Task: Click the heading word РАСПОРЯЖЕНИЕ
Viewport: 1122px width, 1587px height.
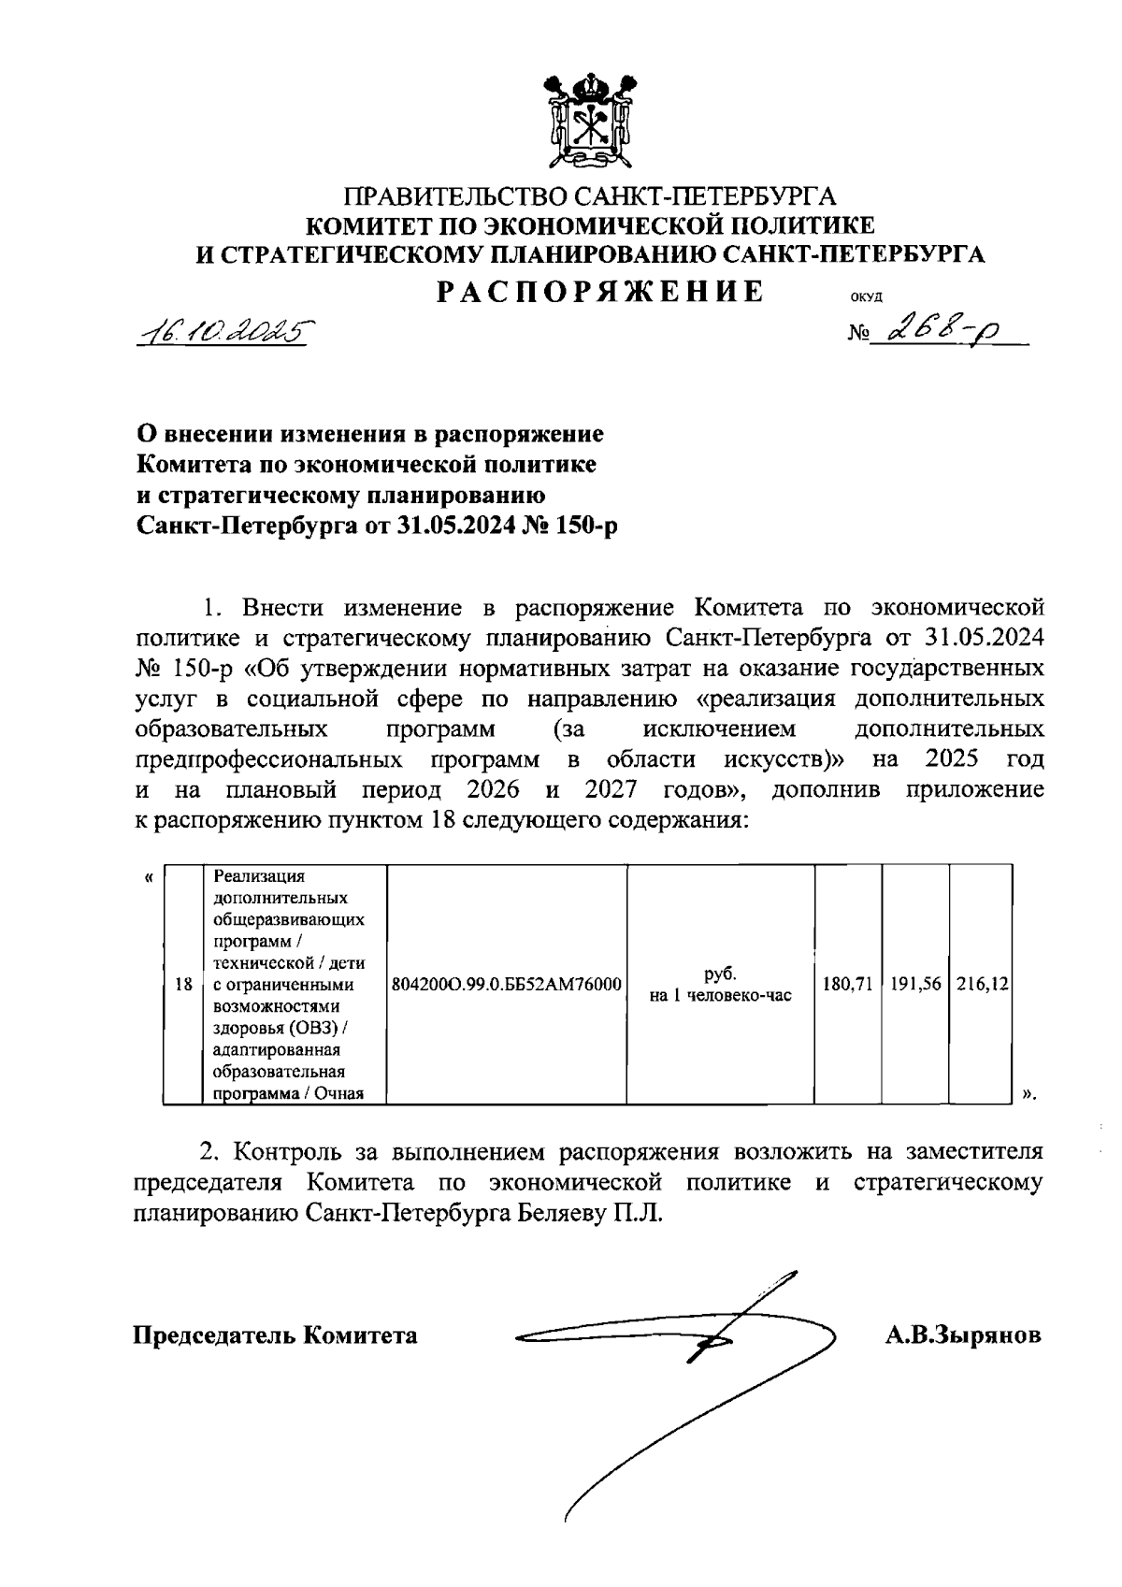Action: pos(601,293)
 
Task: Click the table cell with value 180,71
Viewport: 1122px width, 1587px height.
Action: pos(848,985)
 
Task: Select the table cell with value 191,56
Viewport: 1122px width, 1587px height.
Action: pos(915,985)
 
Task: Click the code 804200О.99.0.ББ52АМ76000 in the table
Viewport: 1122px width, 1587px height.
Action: pos(507,985)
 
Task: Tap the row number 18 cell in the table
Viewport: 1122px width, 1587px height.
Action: pos(184,985)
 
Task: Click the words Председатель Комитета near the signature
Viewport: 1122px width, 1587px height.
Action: pos(275,1335)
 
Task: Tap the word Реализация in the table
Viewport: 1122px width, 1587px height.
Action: pos(259,877)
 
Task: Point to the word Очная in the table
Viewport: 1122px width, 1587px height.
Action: pos(338,1093)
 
